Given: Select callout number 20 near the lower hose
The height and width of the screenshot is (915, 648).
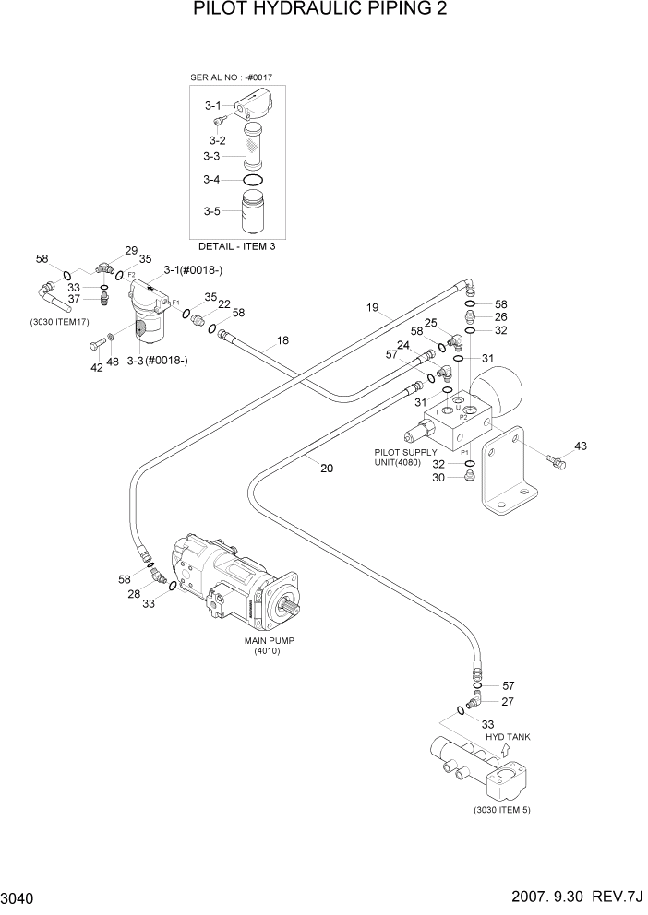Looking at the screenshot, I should coord(326,468).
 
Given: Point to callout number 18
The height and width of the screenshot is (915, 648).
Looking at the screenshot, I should coord(282,340).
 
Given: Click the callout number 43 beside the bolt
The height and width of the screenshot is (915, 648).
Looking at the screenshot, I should coord(580,446).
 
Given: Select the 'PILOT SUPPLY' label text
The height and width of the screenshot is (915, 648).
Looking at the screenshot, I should coord(405,452).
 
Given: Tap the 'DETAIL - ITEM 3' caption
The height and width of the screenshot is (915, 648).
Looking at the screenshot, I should coord(236,246).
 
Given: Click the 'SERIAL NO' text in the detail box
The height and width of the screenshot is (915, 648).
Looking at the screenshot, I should coord(212,77).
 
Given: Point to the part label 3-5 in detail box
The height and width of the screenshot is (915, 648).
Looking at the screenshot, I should coord(212,211).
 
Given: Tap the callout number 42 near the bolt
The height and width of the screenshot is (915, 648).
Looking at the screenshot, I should coord(96,367).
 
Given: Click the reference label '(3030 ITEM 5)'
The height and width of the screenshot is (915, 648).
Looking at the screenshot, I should coord(502,809).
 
